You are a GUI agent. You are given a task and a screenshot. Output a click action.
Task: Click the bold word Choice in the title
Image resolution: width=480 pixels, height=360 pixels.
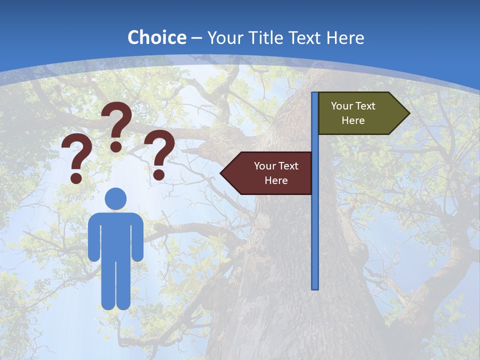(156, 37)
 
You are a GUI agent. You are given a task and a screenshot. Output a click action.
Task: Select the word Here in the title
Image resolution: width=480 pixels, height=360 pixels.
(345, 37)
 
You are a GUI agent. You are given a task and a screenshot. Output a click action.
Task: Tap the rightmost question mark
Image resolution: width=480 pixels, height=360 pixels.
(159, 154)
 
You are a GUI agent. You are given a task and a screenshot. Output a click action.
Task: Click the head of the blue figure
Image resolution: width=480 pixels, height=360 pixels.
(115, 198)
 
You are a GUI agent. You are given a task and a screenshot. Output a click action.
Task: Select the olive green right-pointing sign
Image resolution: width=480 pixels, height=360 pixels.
(358, 113)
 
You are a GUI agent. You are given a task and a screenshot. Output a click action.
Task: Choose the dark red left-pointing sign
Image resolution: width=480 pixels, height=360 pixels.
(272, 173)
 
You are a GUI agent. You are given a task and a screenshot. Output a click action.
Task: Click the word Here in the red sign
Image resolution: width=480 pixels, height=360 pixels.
(276, 180)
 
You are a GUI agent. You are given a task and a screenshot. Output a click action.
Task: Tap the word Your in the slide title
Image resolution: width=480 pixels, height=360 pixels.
(224, 37)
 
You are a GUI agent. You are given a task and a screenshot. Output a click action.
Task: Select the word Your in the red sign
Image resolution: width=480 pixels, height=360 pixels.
(264, 166)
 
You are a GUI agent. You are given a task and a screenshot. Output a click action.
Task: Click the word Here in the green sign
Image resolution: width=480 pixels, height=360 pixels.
(353, 120)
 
